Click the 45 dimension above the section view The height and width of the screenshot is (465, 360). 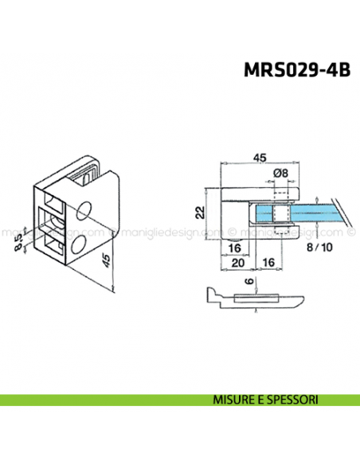point(259,158)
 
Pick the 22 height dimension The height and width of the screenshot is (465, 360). point(202,212)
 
